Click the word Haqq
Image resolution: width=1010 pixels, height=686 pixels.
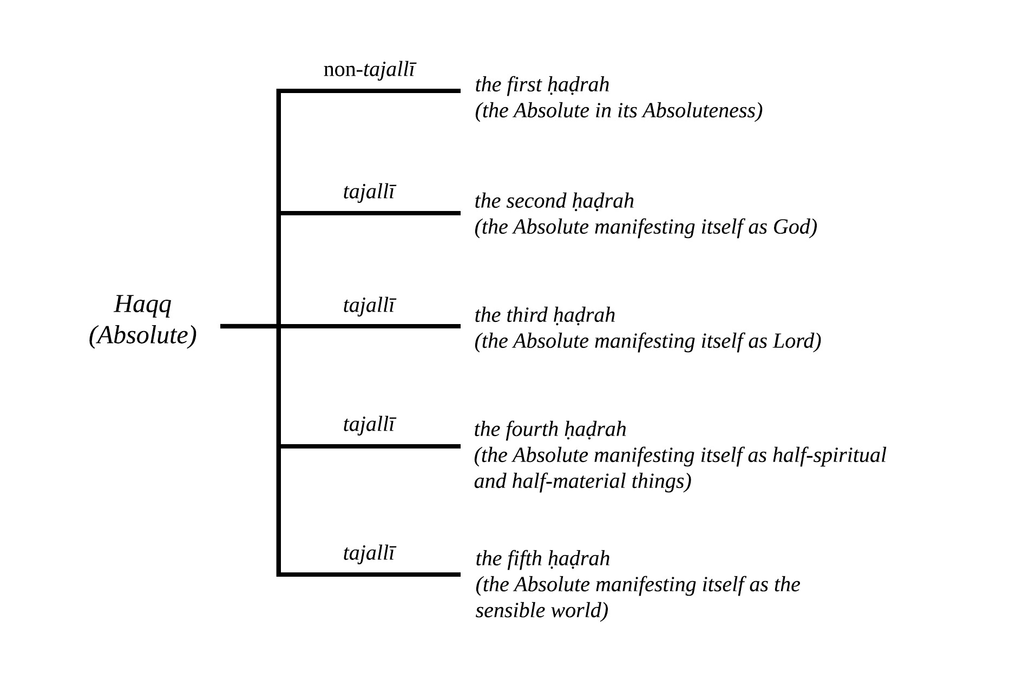point(143,305)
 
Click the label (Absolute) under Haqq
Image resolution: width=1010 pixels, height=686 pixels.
point(143,335)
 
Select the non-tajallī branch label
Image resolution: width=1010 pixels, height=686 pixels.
point(370,70)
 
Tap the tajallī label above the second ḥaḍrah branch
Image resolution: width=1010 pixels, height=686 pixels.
point(369,192)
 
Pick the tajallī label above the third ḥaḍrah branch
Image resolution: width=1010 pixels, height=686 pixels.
point(369,305)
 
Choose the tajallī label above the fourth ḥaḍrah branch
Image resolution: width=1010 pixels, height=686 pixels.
point(369,424)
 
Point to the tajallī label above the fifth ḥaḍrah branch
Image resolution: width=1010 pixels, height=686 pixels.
point(369,553)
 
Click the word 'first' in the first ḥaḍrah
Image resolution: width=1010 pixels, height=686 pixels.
point(524,85)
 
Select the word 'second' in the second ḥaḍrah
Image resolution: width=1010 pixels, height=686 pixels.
point(536,201)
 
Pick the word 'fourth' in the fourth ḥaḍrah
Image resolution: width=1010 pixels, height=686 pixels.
point(532,430)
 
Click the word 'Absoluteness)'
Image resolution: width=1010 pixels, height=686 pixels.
point(703,111)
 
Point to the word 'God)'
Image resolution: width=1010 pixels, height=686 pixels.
point(795,227)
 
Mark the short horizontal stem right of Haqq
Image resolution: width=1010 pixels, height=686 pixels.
point(249,326)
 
